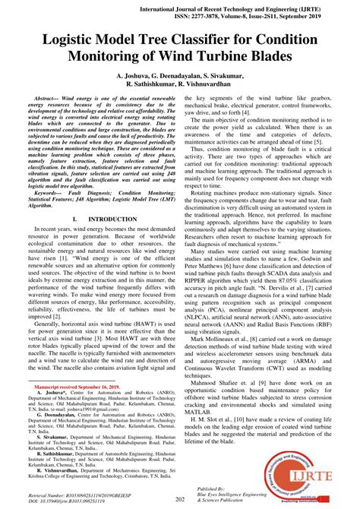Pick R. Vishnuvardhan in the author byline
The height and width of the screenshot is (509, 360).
pos(223,87)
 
